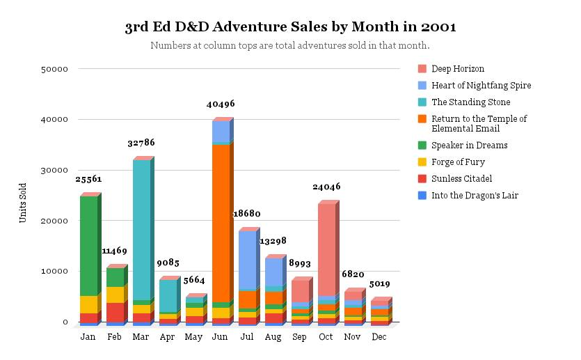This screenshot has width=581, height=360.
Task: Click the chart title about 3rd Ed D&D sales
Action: click(290, 27)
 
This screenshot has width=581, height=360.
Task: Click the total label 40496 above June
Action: click(221, 104)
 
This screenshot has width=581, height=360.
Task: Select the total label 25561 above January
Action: click(88, 179)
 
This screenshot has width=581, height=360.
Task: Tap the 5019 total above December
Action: click(379, 284)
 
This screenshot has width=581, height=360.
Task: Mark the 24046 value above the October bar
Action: click(326, 187)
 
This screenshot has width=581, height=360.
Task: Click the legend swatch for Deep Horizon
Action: click(422, 69)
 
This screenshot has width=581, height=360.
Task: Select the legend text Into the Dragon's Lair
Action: click(475, 196)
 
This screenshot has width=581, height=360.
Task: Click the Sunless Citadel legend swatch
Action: click(422, 179)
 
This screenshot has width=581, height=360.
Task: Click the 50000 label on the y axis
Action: click(54, 69)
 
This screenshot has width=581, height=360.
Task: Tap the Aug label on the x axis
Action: click(273, 337)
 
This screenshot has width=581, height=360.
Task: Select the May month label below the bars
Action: click(194, 337)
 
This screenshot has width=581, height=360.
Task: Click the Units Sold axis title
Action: click(23, 203)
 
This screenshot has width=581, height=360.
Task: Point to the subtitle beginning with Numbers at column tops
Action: click(290, 46)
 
